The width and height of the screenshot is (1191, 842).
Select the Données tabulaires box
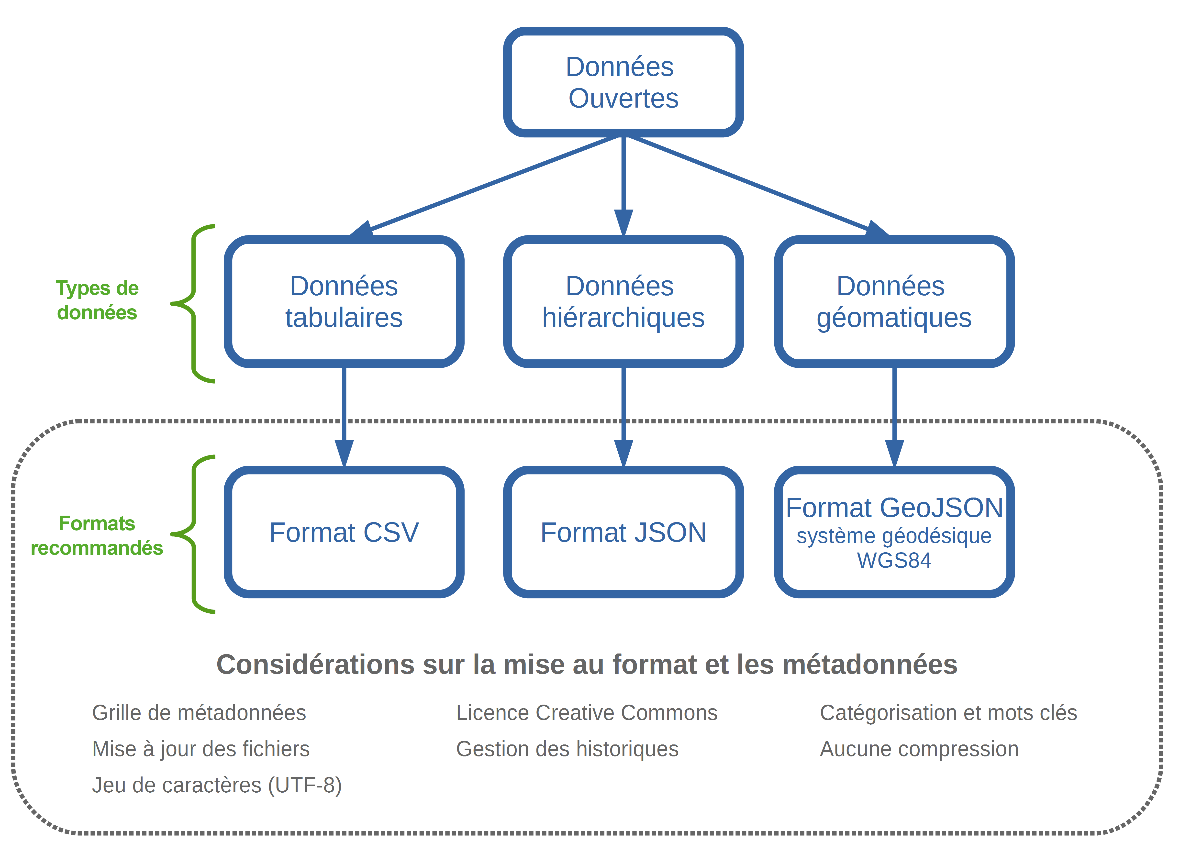(x=344, y=301)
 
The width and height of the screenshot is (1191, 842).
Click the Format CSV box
(x=344, y=532)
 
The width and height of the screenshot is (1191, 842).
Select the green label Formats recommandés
(x=97, y=535)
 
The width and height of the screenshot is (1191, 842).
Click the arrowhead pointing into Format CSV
(x=344, y=453)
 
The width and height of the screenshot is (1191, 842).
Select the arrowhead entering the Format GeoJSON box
(x=894, y=453)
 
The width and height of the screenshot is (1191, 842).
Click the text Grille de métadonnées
(x=199, y=713)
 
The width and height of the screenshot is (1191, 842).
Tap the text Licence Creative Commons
(x=587, y=713)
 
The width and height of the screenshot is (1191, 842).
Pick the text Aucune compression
(x=919, y=749)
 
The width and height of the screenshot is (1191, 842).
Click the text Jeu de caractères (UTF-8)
(x=217, y=786)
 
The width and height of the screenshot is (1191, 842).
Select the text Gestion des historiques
(x=568, y=749)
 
